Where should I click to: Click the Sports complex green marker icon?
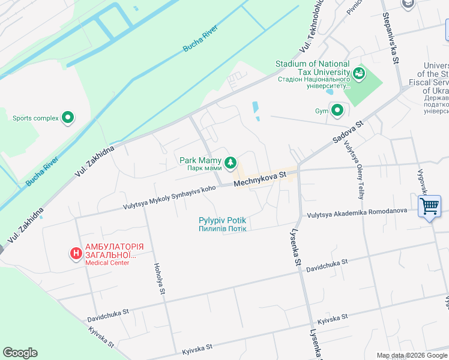point(68,118)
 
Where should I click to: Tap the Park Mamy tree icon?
point(229,163)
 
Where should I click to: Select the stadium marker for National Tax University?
point(360,74)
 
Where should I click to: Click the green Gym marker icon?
point(337,110)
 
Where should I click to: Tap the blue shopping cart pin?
point(430,206)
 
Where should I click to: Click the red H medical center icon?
point(76,254)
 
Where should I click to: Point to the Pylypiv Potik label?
point(223,221)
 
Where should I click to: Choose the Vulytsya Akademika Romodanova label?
point(357,211)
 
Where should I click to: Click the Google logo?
point(20,353)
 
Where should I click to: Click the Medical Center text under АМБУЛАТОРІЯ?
point(107,263)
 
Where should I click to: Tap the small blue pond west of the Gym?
point(256,109)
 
